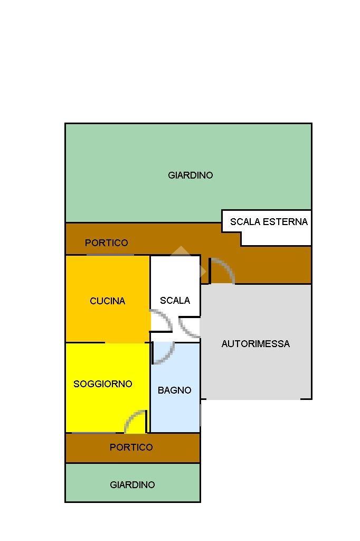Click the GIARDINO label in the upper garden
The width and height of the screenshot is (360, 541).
(x=190, y=175)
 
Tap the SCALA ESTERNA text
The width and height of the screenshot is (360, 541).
(x=269, y=222)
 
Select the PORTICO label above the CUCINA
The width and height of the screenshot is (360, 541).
(x=106, y=243)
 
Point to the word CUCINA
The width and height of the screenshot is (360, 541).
(x=107, y=301)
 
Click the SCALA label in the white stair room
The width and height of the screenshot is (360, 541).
(x=175, y=301)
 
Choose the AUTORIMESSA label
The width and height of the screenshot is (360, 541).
(x=255, y=344)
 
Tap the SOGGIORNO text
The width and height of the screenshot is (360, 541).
(x=102, y=384)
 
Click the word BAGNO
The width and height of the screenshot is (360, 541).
(x=174, y=390)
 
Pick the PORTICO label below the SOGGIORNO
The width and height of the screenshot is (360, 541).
(x=131, y=447)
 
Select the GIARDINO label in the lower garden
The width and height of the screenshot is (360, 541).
(x=132, y=484)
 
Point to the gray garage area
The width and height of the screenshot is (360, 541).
(x=255, y=370)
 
